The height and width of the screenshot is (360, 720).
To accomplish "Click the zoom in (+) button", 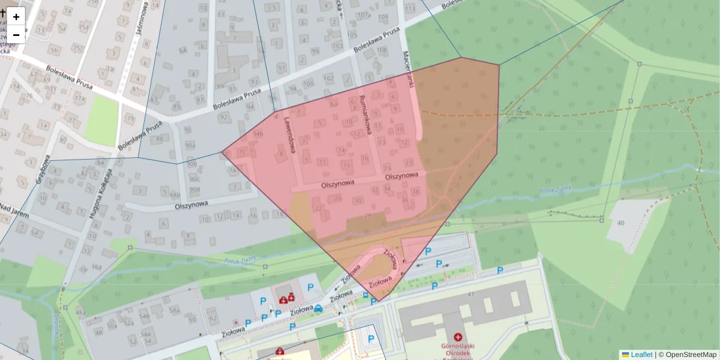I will pyautogui.click(x=16, y=17).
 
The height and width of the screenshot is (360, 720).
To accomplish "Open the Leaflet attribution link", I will pyautogui.click(x=641, y=355).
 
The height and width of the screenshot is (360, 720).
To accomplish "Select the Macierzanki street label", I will pyautogui.click(x=410, y=69).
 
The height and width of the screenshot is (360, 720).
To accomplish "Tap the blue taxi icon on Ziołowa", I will pyautogui.click(x=319, y=308).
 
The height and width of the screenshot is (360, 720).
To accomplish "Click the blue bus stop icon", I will pyautogui.click(x=365, y=295).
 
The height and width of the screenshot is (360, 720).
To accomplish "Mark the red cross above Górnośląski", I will pyautogui.click(x=458, y=338).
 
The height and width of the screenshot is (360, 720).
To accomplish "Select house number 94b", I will pyautogui.click(x=258, y=134).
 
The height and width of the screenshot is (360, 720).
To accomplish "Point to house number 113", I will pyautogui.click(x=410, y=9).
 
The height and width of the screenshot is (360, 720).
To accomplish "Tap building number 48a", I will pyautogui.click(x=81, y=313).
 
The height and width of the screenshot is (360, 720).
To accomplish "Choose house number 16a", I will pyautogui.click(x=97, y=267).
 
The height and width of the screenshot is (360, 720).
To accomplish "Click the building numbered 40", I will pyautogui.click(x=620, y=223).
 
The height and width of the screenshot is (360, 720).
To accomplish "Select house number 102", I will pyautogui.click(x=328, y=79).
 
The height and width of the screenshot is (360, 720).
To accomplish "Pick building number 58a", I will pyautogui.click(x=175, y=310).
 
